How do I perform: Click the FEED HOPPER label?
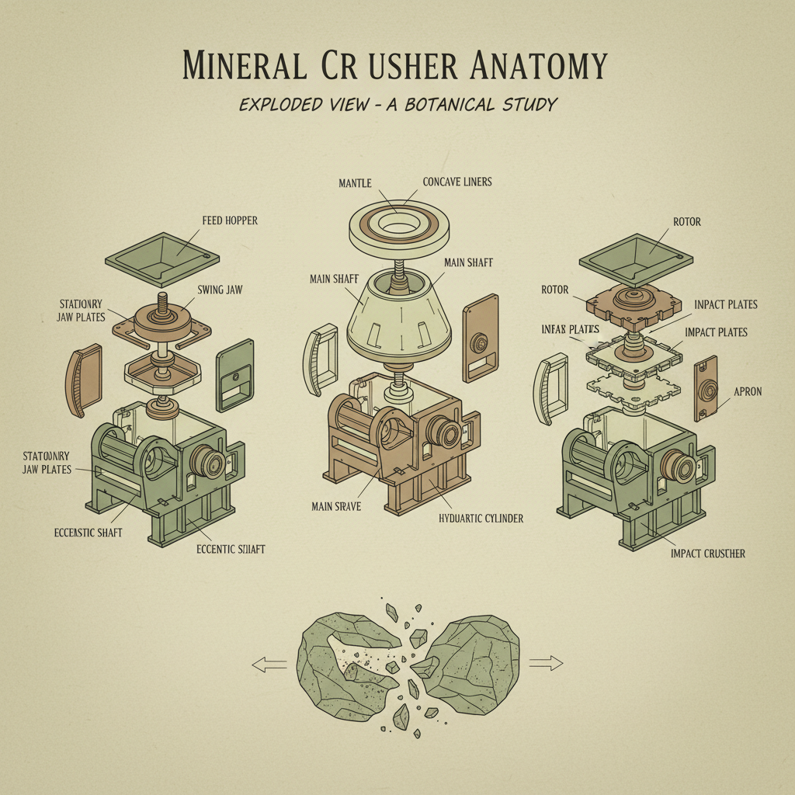(230, 220)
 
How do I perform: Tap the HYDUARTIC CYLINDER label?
(481, 518)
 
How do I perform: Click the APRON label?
(748, 392)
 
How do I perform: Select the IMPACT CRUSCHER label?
(707, 554)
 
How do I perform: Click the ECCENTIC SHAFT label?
(230, 549)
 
